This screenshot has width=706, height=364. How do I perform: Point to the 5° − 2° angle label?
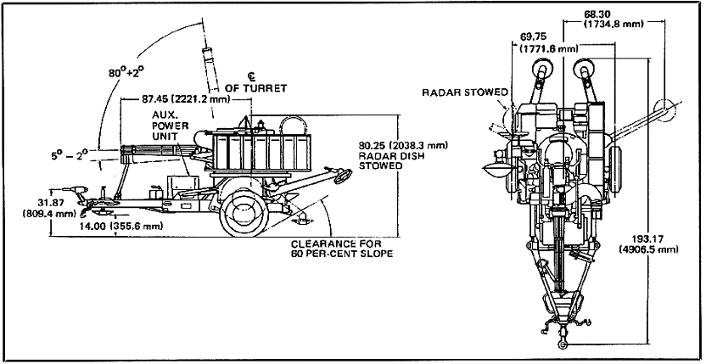click(70, 156)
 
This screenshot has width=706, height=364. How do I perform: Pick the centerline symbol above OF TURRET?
click(251, 75)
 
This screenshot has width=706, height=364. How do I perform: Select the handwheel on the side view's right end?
click(342, 177)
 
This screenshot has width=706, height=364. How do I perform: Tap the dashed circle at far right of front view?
click(666, 112)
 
